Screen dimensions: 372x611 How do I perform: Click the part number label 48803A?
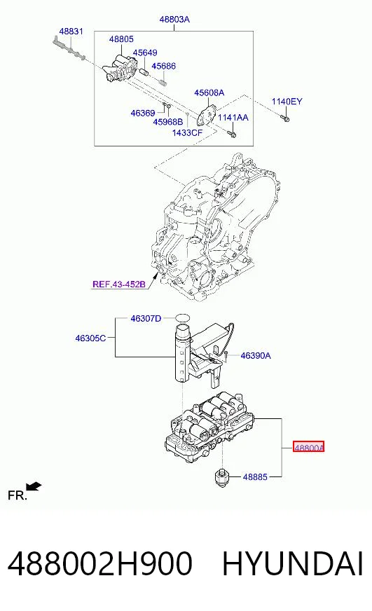(174, 19)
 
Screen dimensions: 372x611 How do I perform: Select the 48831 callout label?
(71, 31)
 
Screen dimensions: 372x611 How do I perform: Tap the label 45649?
(145, 53)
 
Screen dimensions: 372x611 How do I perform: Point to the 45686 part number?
(164, 66)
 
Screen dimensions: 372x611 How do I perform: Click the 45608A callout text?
(209, 92)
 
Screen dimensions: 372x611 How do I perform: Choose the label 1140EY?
(287, 102)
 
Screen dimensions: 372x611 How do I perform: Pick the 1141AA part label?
(233, 117)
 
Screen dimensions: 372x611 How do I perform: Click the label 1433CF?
(187, 133)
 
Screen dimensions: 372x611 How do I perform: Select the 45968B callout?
(168, 122)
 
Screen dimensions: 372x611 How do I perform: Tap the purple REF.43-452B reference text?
(119, 284)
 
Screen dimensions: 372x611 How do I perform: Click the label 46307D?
(146, 318)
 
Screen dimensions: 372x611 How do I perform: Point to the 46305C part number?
(90, 338)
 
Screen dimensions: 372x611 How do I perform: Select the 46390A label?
(256, 355)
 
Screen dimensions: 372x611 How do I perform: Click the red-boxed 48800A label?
(308, 447)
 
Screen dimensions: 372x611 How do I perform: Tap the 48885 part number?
(255, 476)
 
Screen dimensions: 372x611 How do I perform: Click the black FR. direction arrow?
(34, 487)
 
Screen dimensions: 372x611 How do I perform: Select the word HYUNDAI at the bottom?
(293, 563)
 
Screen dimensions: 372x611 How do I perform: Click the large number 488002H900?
(100, 563)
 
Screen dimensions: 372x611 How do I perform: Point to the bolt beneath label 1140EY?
(284, 117)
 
